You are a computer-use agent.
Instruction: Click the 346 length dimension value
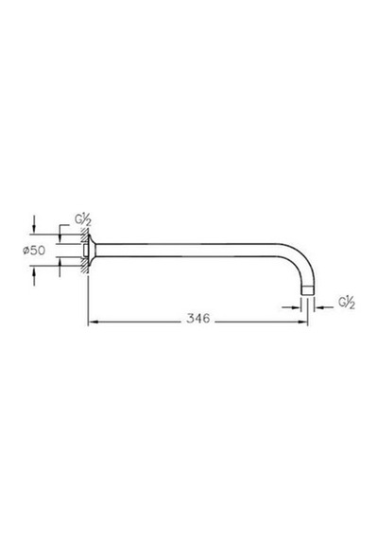(x=198, y=318)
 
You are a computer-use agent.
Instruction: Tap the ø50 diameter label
(x=34, y=251)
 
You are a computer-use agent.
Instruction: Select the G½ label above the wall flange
(x=83, y=220)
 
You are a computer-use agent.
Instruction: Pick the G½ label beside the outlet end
(x=347, y=303)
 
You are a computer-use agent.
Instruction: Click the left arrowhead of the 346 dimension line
(x=92, y=322)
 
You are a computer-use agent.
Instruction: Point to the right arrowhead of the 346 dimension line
(x=303, y=322)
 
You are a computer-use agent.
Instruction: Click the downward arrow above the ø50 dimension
(x=34, y=224)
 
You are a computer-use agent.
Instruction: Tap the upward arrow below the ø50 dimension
(x=34, y=276)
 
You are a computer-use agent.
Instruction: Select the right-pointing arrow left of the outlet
(x=291, y=307)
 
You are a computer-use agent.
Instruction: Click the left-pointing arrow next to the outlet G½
(x=323, y=307)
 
